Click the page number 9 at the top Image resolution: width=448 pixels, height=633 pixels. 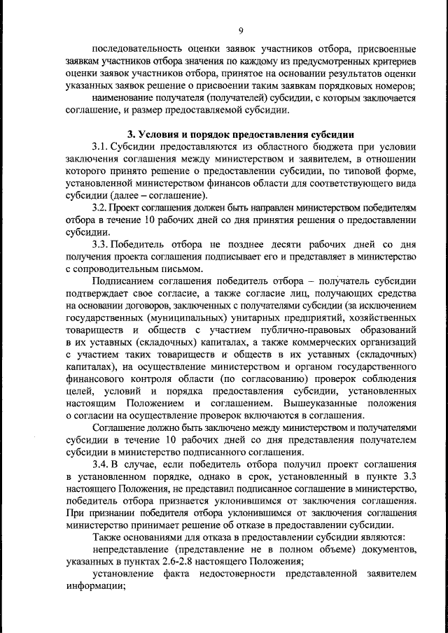[240, 31]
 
